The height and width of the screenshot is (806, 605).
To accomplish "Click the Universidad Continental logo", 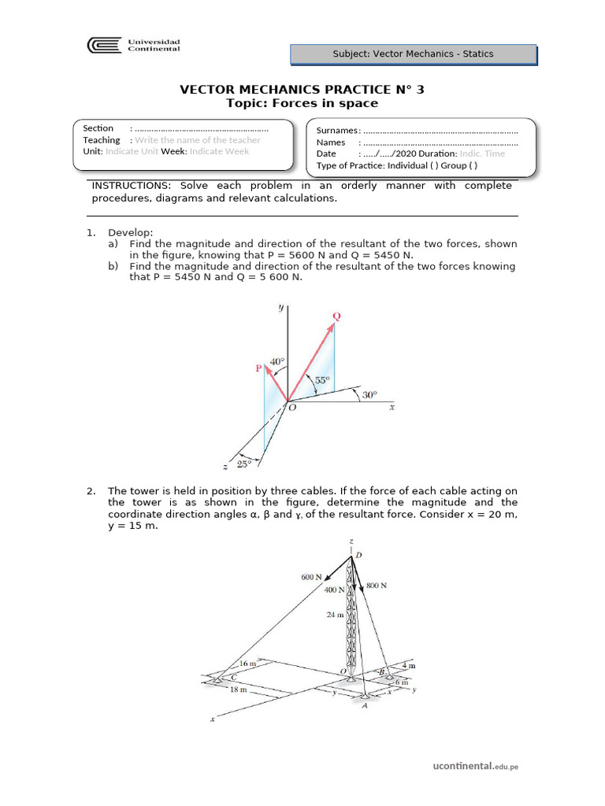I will coord(134,46).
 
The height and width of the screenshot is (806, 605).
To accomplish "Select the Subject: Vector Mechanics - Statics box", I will coord(414,54).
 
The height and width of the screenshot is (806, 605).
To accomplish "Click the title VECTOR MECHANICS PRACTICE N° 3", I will coord(302,89).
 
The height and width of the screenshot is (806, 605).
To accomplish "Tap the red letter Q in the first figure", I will coord(337,316).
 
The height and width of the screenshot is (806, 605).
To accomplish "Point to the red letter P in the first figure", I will coord(258,368).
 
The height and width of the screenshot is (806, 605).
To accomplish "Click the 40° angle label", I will coord(277,363).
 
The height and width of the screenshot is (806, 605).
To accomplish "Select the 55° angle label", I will coord(322,380).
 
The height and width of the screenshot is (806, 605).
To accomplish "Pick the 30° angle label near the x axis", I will coord(369,394).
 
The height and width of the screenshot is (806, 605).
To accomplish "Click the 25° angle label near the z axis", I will coord(243,464).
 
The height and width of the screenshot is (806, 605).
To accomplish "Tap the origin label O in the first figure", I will coord(292,407).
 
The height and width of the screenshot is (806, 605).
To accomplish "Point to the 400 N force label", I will coord(335,590).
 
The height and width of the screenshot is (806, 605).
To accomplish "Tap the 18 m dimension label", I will coord(236,690).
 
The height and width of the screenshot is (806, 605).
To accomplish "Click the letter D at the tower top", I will coord(358,556).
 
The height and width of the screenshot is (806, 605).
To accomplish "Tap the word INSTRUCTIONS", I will coord(128,186).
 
